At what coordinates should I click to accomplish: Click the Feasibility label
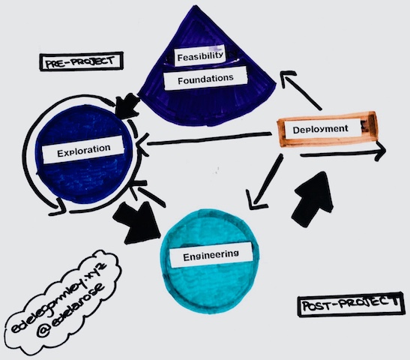pos(200,55)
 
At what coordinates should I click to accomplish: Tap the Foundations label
pos(205,79)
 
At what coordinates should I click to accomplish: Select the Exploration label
pos(83,150)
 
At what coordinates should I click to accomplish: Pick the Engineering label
pos(211,255)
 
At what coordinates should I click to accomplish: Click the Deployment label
pos(320,129)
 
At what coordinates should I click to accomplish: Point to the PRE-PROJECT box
pos(81,61)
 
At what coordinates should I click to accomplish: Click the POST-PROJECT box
pos(350,304)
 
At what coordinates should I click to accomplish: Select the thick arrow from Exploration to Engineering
pos(137,222)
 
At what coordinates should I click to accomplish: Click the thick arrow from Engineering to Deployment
pos(313,199)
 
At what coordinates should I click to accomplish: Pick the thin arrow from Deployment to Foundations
pos(301,89)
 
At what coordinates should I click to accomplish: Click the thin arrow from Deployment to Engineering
pos(265,182)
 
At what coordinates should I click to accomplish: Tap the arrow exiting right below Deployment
pos(343,154)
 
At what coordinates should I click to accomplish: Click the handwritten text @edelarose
pos(71,310)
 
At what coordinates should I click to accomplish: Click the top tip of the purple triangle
pos(196,6)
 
